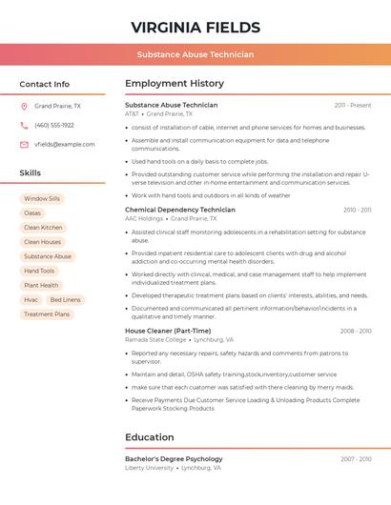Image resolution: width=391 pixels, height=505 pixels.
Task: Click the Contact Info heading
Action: (x=44, y=84)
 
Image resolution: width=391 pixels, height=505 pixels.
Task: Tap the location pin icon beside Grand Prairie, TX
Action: (x=24, y=107)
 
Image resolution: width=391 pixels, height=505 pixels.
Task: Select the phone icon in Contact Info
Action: (x=24, y=126)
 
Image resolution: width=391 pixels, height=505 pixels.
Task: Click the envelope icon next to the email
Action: (x=24, y=145)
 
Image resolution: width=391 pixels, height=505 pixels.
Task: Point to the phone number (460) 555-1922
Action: (x=54, y=126)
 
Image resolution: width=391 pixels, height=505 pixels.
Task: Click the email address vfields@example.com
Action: (x=65, y=145)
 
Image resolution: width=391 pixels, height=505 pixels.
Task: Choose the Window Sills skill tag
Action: (x=42, y=199)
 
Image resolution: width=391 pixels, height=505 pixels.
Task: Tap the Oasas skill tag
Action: (x=32, y=213)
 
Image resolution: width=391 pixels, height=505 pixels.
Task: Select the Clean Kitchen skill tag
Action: (x=43, y=228)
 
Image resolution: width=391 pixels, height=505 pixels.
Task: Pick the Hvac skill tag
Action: (x=31, y=299)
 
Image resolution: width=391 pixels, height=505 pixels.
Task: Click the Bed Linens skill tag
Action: (x=66, y=299)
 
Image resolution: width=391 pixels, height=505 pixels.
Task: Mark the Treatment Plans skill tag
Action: (x=47, y=313)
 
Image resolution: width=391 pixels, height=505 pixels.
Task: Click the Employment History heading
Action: (x=175, y=84)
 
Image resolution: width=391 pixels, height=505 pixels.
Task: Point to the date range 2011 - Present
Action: (x=353, y=106)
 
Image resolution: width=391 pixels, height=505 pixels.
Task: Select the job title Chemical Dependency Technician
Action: (x=180, y=210)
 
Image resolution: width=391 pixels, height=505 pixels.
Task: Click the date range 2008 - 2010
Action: (x=356, y=332)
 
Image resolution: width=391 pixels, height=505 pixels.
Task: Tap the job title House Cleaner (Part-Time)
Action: (x=166, y=332)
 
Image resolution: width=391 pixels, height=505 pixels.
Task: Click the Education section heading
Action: (x=150, y=437)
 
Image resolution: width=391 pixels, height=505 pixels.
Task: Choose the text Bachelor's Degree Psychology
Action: (x=174, y=459)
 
